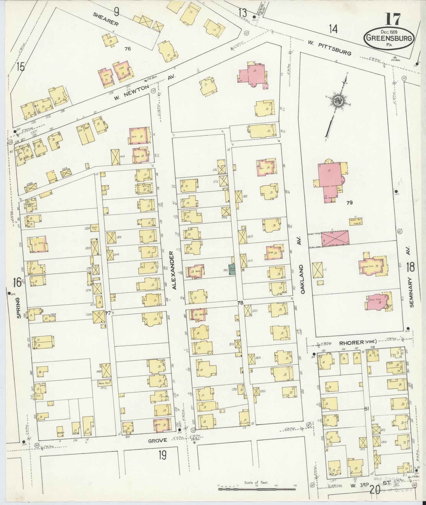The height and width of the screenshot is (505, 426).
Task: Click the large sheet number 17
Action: (392, 20)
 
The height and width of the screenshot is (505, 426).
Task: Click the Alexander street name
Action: (175, 270)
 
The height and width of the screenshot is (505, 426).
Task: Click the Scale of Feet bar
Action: (256, 489)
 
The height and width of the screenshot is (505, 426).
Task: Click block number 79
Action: (350, 202)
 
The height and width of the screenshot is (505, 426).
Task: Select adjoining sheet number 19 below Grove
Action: (162, 455)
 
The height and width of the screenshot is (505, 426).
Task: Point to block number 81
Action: (367, 408)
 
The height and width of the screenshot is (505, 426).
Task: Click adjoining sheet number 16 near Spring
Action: (17, 282)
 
